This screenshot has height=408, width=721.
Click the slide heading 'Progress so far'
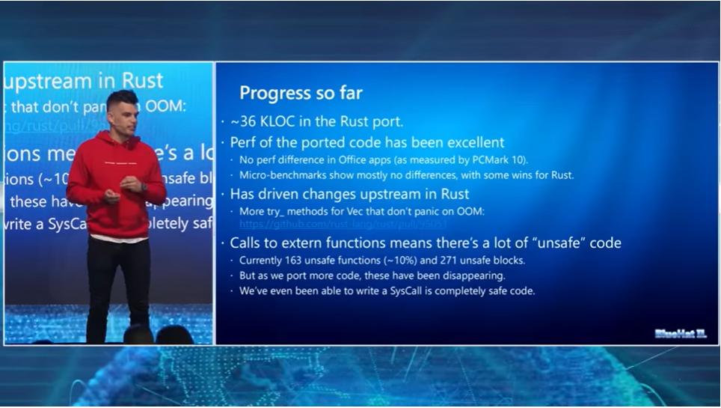(301, 93)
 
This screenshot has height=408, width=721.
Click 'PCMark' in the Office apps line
(487, 160)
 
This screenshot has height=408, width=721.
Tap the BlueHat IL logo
(681, 334)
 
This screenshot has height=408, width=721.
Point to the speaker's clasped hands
(112, 196)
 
